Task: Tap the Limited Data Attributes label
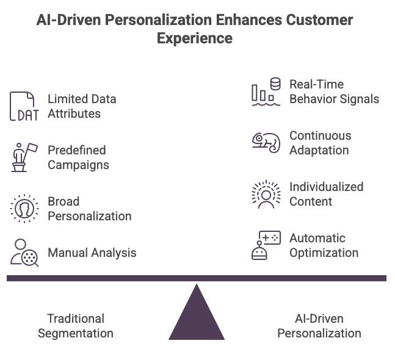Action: coord(82,106)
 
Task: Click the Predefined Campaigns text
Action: coord(78,157)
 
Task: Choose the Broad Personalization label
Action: coord(89,209)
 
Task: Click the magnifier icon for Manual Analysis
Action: coord(24,253)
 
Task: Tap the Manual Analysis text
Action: coord(92,253)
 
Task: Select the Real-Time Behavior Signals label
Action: coord(334,92)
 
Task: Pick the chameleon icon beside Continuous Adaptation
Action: coord(266,142)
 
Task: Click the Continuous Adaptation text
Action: coord(320,143)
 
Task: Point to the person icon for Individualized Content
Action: coord(266,194)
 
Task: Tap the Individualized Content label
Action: coord(326,194)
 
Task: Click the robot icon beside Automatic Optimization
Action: coord(266,245)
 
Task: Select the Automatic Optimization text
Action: coord(324,245)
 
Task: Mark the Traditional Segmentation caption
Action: coord(76,326)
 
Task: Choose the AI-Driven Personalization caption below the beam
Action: coord(319,326)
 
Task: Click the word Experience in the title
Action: coord(195,38)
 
